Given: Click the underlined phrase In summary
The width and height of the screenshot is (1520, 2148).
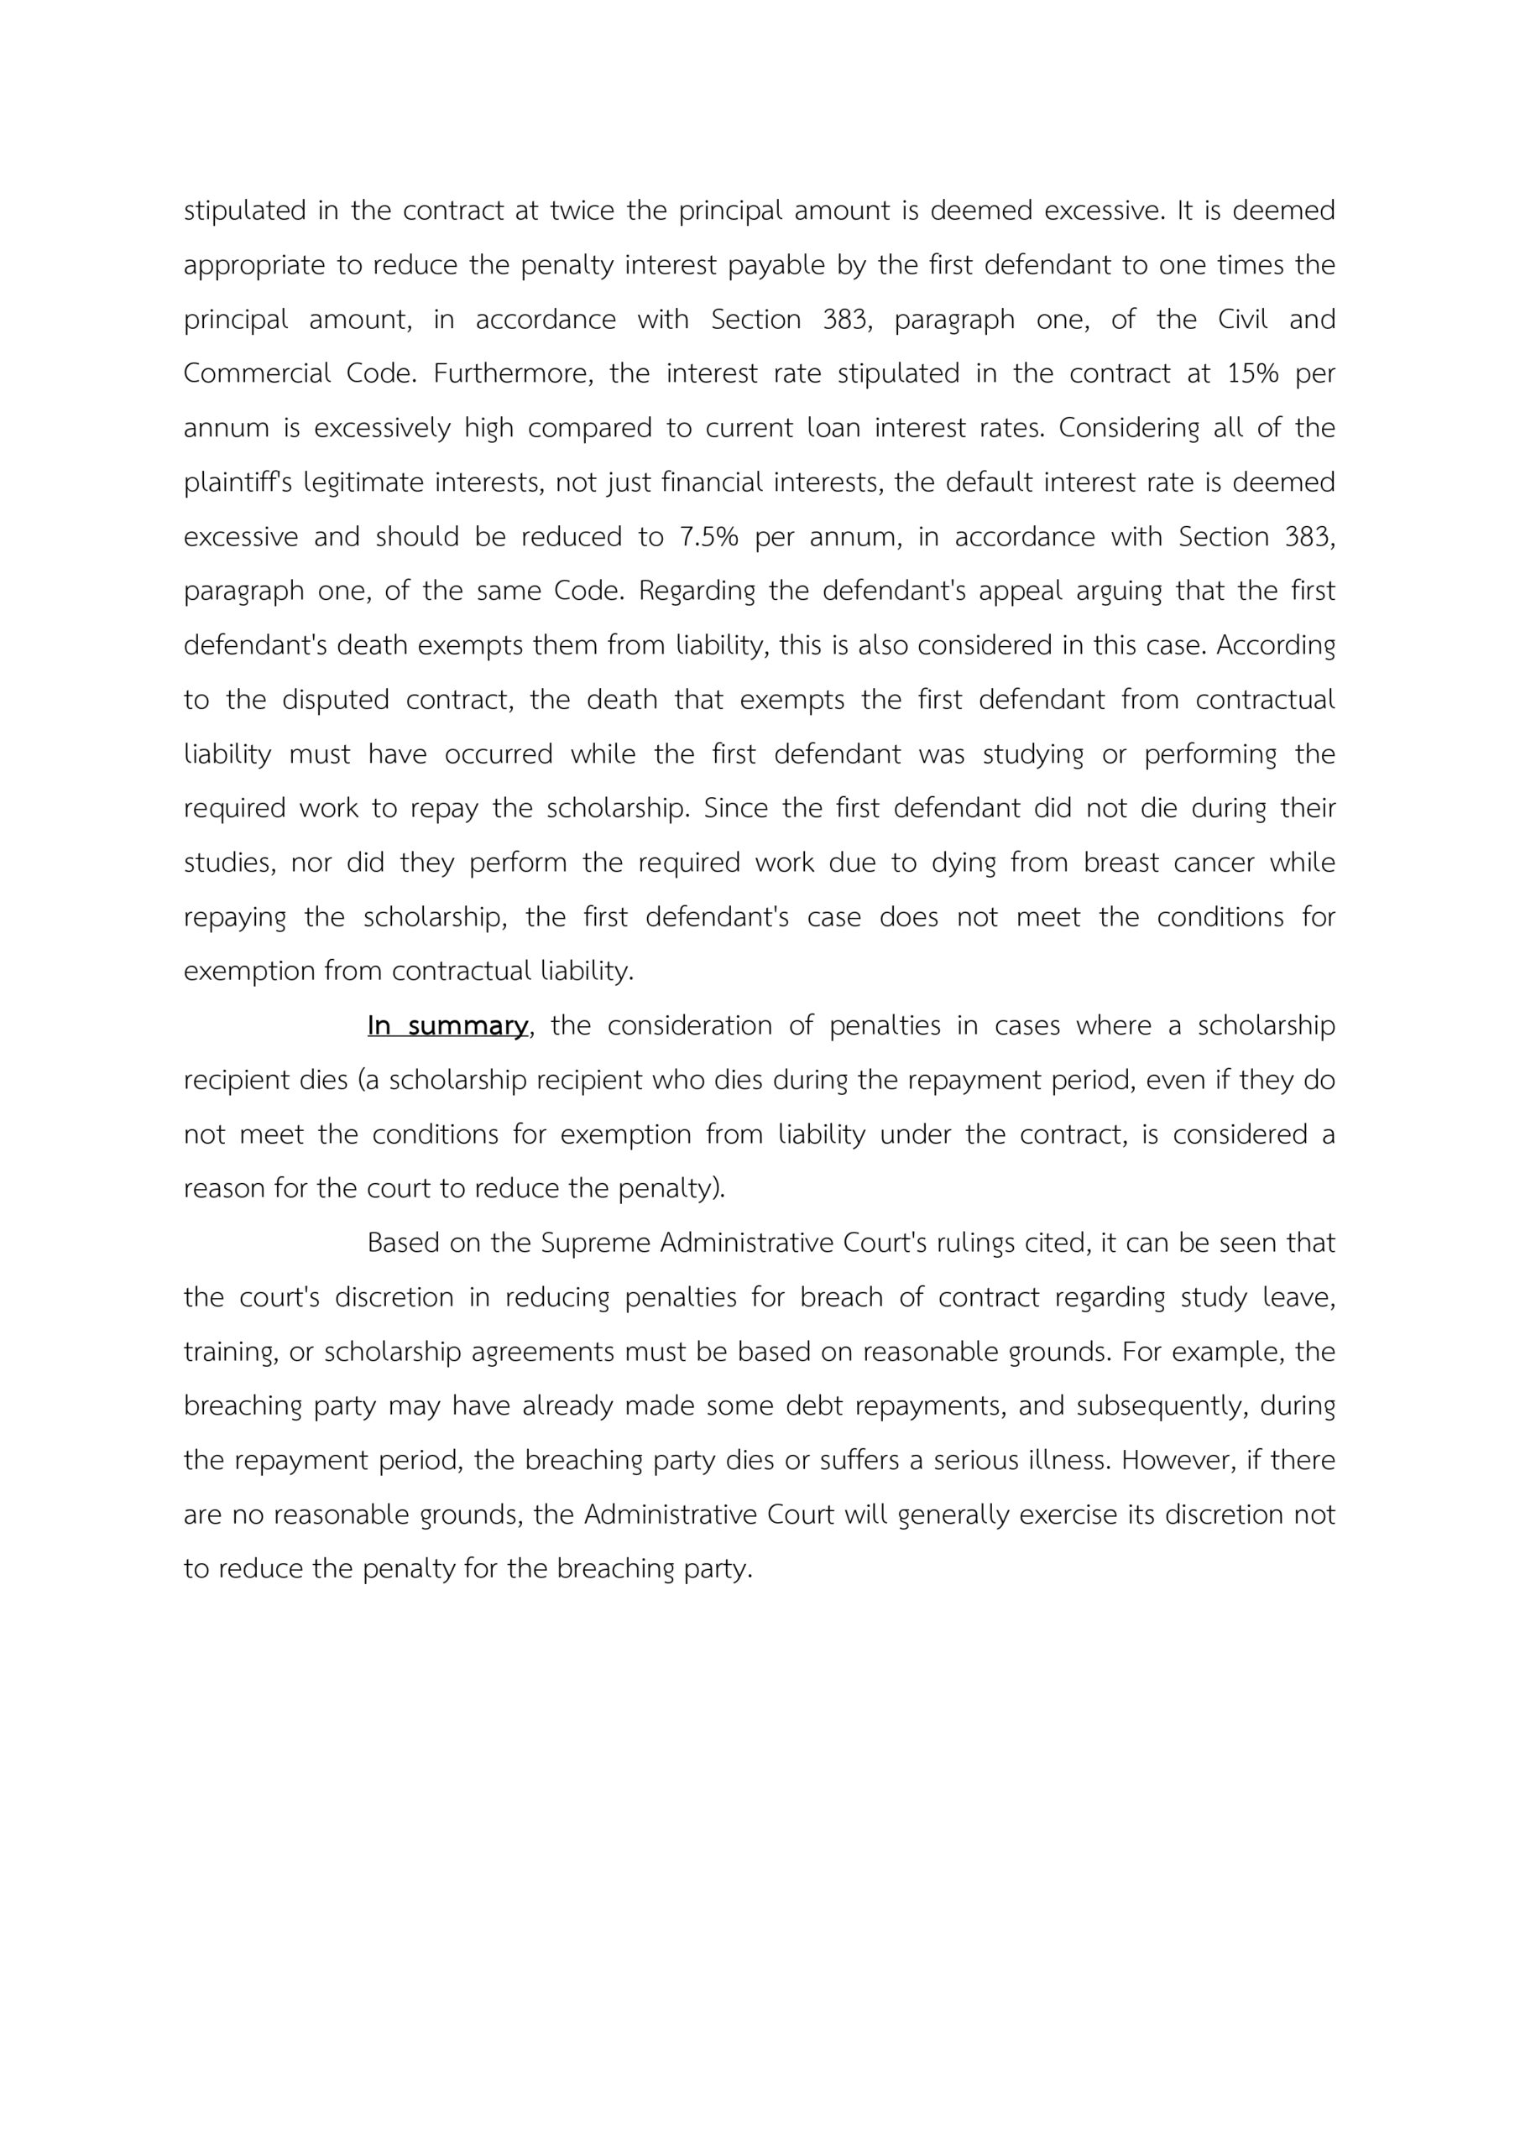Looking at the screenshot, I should click(448, 1026).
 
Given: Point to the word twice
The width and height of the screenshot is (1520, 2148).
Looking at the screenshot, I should click(580, 211).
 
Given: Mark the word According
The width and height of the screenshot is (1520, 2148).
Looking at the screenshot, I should click(1276, 645).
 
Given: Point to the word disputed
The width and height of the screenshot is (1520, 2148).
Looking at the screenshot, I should click(335, 700).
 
